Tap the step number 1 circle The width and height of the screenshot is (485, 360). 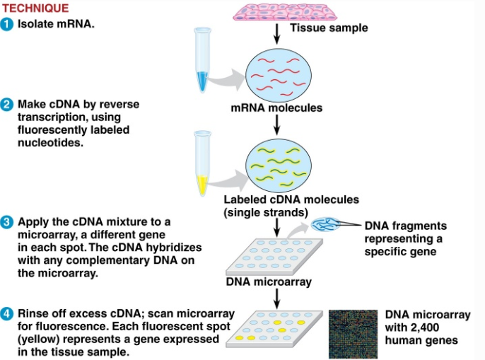coord(7,24)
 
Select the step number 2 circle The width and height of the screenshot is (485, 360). coord(7,105)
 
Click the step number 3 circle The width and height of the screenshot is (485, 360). coord(7,222)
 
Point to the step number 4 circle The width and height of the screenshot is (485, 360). coord(7,313)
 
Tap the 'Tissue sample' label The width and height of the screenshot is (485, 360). coord(329,28)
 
